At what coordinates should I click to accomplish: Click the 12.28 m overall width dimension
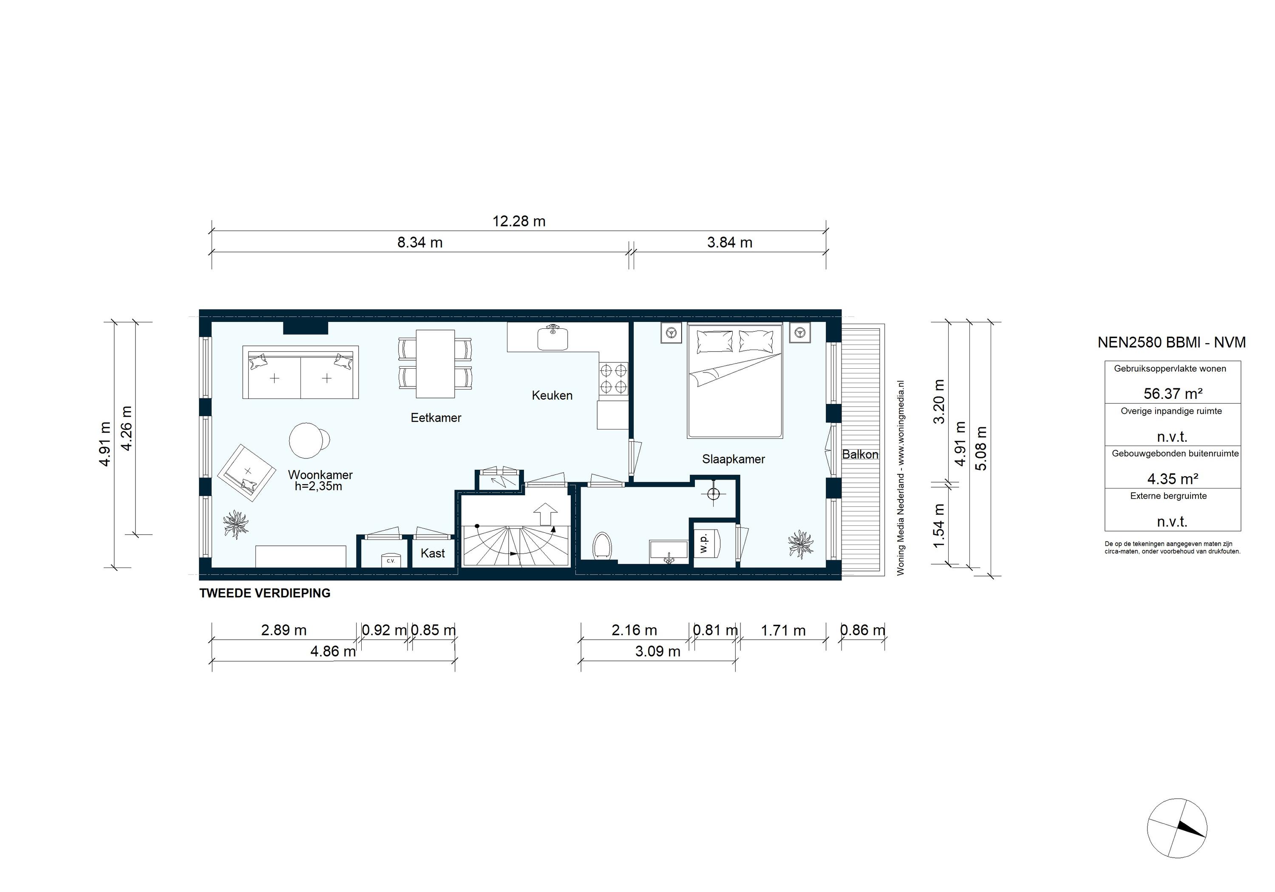point(518,221)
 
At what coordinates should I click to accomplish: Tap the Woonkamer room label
point(320,475)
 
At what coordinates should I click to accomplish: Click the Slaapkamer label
point(733,459)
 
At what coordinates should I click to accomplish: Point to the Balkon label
point(860,454)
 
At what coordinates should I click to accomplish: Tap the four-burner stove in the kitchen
point(613,378)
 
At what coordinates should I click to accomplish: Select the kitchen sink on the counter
point(552,338)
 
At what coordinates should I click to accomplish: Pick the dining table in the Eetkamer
point(435,364)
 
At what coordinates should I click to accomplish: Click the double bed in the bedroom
point(734,381)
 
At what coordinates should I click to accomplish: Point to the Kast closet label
point(432,553)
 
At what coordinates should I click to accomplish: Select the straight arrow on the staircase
point(547,514)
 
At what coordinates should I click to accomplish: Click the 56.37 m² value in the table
point(1172,394)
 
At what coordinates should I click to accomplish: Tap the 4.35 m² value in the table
point(1172,478)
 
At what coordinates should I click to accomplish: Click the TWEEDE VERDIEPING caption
point(264,593)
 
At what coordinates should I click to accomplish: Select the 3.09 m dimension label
point(657,651)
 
